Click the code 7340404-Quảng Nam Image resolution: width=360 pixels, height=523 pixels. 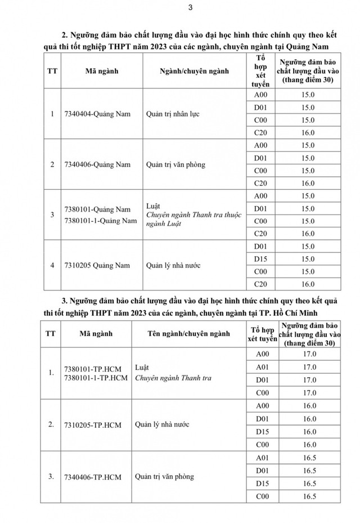[x=97, y=114]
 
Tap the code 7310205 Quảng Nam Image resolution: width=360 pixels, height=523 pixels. [x=97, y=265]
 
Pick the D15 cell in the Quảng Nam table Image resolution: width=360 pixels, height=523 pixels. [x=260, y=259]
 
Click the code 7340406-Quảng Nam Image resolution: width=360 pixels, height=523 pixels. [x=97, y=164]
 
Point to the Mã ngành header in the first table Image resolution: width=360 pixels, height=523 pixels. [x=99, y=70]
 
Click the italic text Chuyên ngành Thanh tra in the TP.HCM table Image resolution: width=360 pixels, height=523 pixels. [x=173, y=378]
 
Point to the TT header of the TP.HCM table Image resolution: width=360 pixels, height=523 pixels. [x=49, y=333]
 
